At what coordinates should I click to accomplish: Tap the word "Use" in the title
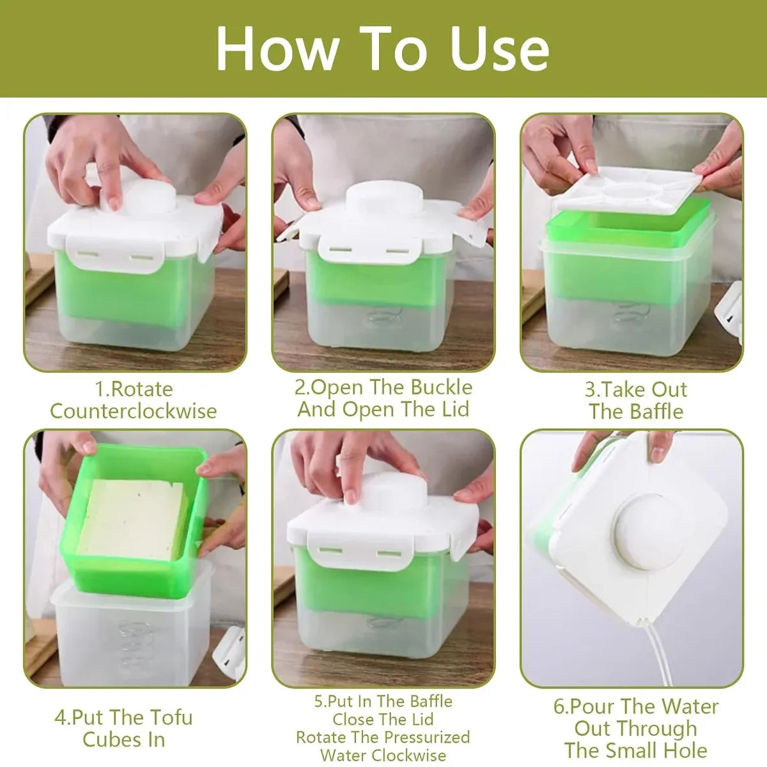coord(500,49)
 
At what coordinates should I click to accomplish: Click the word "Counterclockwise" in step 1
coord(134,411)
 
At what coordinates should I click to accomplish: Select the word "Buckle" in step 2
coord(441,387)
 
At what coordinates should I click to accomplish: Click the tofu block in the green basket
coord(132,518)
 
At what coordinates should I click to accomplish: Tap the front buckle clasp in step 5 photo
coord(360,551)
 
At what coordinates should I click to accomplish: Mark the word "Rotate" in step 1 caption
coord(142,389)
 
